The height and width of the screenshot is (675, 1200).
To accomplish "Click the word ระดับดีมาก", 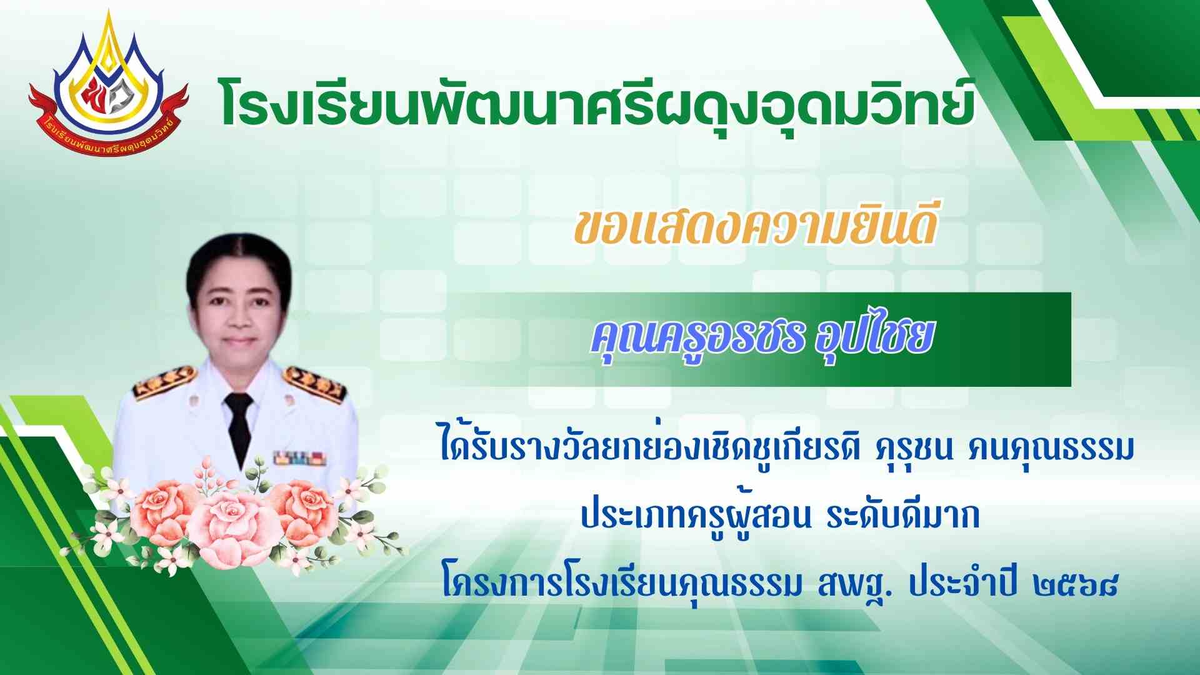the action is point(902,516).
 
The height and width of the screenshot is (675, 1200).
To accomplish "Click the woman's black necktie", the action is point(238,426).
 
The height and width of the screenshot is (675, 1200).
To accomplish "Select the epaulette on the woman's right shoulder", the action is point(164,382).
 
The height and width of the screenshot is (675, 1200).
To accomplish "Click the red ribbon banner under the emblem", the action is point(108,119).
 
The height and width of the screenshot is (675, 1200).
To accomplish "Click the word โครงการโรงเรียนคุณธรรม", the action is point(621,586).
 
